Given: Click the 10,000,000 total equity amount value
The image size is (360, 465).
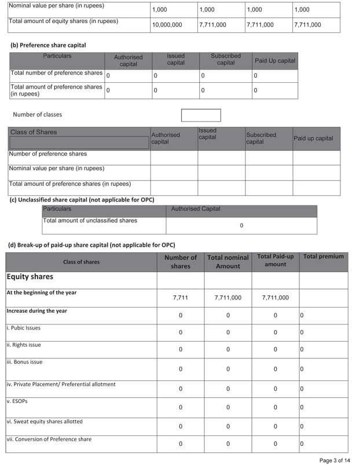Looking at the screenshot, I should [167, 25].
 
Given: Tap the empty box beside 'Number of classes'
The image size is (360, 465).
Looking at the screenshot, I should [201, 115].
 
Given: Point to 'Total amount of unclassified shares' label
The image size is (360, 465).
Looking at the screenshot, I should [90, 221].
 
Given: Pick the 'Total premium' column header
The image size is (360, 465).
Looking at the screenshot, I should [323, 257].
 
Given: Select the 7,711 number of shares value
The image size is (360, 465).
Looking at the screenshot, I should [180, 298].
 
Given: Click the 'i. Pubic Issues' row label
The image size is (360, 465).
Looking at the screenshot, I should [24, 328].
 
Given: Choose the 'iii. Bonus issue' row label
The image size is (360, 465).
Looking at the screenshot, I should [24, 362].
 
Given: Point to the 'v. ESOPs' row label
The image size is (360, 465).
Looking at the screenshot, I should [17, 401].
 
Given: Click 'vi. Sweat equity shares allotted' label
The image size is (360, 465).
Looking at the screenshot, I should [45, 422].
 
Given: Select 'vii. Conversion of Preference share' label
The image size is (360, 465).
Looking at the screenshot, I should [49, 440].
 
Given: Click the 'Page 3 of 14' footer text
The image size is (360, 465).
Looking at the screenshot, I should [334, 460].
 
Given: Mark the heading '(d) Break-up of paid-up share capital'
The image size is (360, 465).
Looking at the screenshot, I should [91, 245].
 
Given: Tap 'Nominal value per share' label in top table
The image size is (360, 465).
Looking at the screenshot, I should [56, 6].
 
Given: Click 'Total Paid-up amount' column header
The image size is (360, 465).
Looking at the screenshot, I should [275, 260].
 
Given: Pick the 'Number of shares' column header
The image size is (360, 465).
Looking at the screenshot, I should [180, 262].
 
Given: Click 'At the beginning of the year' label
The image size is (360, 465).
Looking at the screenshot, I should [41, 292].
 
